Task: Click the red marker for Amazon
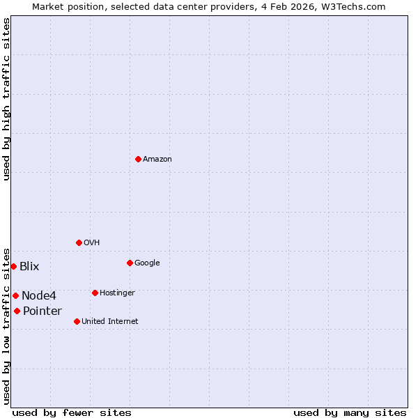[138, 159]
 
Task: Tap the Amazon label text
[157, 160]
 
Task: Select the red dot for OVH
[79, 242]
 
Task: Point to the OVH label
[91, 243]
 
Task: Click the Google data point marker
[130, 263]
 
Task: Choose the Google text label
[147, 263]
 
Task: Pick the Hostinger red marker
[95, 293]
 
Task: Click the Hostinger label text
[117, 293]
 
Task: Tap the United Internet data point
[77, 321]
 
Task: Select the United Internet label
[109, 322]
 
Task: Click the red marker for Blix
[13, 266]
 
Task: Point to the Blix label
[29, 267]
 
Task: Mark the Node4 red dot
[15, 295]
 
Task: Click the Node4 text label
[39, 296]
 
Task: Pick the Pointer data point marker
[17, 311]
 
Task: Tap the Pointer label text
[42, 311]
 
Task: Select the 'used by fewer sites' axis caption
[72, 413]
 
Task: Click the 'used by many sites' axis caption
[350, 413]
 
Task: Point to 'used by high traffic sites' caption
[6, 99]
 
